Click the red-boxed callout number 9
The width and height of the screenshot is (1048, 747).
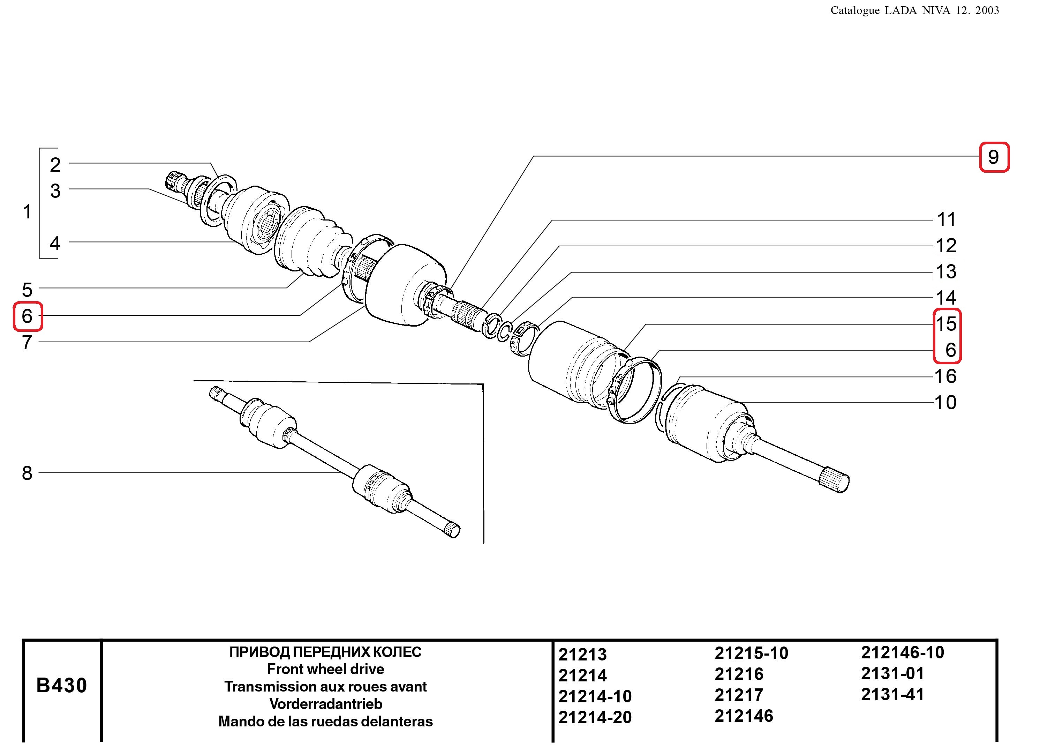coord(993,157)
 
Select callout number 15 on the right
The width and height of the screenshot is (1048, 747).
coord(946,324)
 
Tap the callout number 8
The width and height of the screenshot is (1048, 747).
coord(27,473)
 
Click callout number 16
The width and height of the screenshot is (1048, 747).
coord(945,376)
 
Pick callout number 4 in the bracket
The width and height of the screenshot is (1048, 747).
coord(55,243)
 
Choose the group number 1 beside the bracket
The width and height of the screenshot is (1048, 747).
coord(27,212)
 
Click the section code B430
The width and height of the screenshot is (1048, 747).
coord(62,685)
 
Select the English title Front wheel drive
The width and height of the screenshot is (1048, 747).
coord(325,669)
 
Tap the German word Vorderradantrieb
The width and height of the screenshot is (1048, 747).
coord(325,704)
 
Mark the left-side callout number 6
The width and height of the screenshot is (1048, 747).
coord(27,316)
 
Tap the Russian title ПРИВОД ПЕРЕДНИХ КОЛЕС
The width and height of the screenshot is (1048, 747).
coord(325,652)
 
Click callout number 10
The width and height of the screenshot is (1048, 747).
coord(945,403)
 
